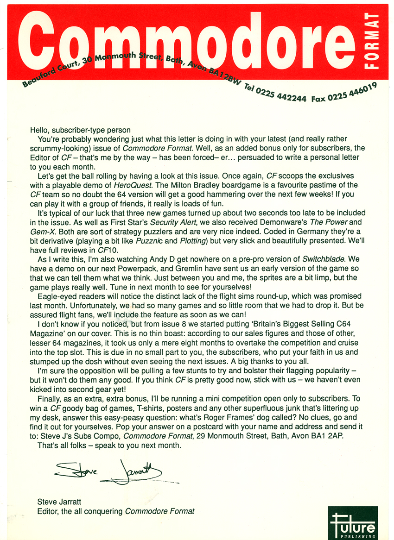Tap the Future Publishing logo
[353, 523]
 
